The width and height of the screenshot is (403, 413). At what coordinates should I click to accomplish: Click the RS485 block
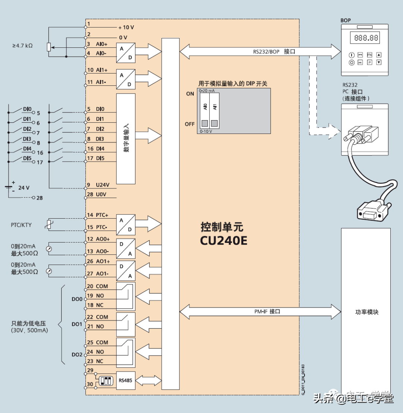click(x=125, y=381)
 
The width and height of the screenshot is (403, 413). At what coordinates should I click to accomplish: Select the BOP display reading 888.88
click(x=366, y=38)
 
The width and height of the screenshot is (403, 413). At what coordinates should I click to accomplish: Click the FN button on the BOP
click(x=369, y=55)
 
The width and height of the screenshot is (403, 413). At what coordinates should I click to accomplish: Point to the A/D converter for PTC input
click(x=125, y=224)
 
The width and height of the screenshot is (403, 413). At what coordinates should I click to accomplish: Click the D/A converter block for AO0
click(x=125, y=248)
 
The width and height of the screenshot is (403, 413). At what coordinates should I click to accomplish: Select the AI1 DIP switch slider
click(x=214, y=123)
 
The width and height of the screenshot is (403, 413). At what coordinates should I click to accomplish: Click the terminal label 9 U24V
click(x=98, y=185)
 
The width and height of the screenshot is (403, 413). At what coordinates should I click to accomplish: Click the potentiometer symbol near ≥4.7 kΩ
click(x=49, y=47)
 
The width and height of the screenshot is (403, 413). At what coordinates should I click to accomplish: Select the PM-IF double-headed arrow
click(x=260, y=312)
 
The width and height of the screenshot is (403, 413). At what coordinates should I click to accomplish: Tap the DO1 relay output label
click(x=76, y=324)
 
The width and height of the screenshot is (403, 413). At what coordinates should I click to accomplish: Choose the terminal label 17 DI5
click(x=96, y=158)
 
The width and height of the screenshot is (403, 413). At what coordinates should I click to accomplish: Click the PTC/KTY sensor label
click(x=21, y=225)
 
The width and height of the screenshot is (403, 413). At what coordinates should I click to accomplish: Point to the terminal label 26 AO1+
click(x=98, y=262)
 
